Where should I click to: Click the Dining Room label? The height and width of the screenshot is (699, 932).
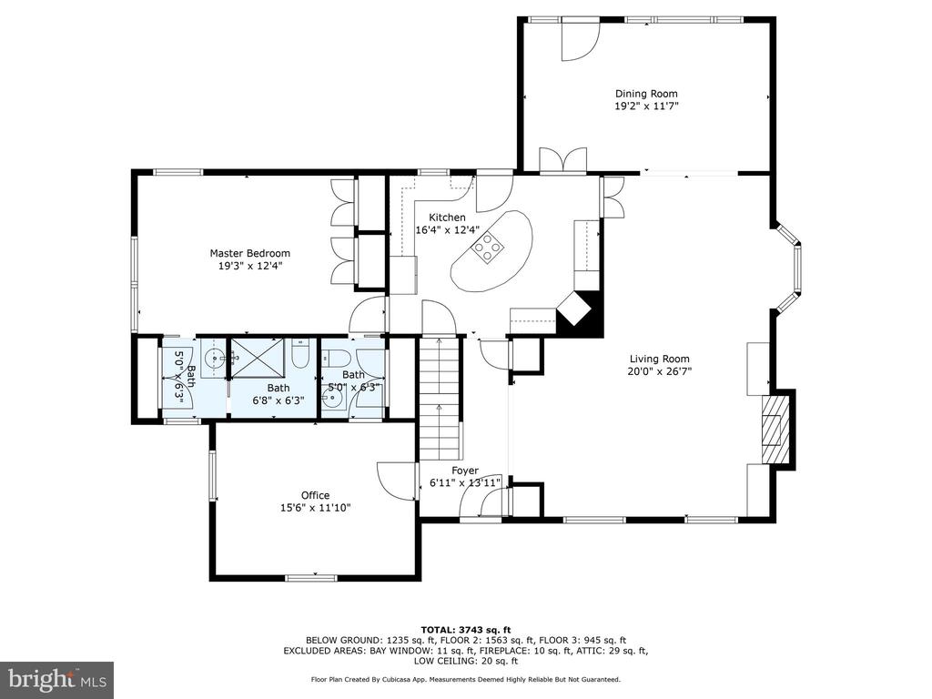tap(646, 94)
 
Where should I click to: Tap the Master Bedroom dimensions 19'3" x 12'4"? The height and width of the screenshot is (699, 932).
tap(249, 266)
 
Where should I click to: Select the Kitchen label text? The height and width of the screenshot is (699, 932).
tap(447, 218)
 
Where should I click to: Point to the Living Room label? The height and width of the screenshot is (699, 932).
tap(660, 359)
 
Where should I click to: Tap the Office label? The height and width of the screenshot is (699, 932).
tap(315, 495)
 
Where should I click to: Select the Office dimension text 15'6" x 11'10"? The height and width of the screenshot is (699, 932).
tap(316, 508)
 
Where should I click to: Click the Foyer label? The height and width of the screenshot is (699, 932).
tap(465, 471)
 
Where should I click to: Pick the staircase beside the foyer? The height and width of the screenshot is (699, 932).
tap(440, 398)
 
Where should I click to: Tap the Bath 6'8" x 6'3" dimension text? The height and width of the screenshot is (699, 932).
tap(279, 400)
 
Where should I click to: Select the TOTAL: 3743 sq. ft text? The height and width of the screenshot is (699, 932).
tap(466, 630)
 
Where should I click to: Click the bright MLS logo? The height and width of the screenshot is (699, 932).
tap(57, 677)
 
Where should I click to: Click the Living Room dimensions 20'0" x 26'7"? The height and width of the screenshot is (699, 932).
tap(660, 371)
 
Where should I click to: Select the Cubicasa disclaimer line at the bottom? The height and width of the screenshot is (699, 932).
tap(466, 679)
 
